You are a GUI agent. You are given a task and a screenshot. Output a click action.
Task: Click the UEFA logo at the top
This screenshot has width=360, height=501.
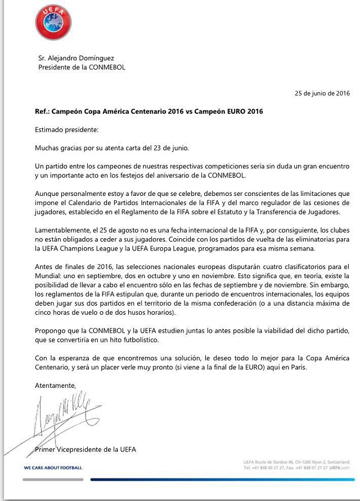pyautogui.click(x=53, y=21)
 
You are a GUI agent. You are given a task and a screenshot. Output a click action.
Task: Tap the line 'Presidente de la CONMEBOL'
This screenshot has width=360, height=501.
pyautogui.click(x=82, y=67)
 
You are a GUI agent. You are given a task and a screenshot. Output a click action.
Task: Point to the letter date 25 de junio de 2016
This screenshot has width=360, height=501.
pyautogui.click(x=322, y=93)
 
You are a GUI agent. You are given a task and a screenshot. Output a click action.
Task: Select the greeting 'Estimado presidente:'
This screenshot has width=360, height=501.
pyautogui.click(x=66, y=129)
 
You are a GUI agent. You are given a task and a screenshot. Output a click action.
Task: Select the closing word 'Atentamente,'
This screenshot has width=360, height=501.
pyautogui.click(x=55, y=386)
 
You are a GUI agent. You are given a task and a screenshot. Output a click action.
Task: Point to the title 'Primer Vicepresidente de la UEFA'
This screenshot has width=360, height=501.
pyautogui.click(x=85, y=449)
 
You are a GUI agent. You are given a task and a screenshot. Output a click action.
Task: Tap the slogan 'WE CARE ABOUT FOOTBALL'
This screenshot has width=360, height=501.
pyautogui.click(x=53, y=467)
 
